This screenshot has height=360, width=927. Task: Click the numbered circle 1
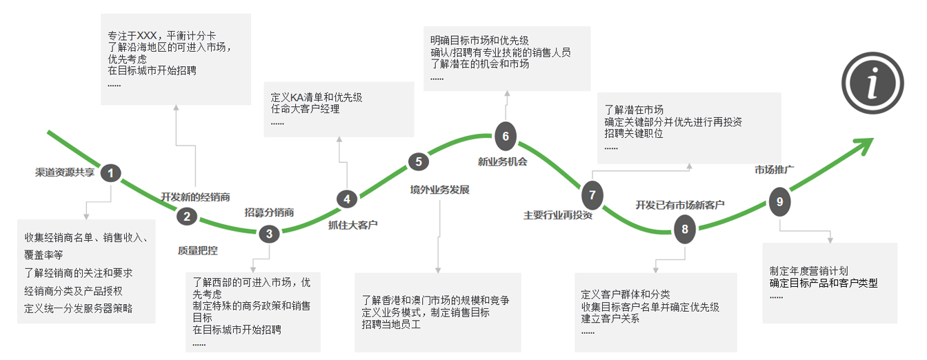[110, 173]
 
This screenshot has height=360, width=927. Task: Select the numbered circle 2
[187, 217]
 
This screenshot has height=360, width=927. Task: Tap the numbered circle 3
[269, 234]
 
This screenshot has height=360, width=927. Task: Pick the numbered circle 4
[347, 199]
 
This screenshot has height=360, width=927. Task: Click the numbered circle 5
[419, 161]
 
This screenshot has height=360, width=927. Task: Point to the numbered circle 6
[506, 136]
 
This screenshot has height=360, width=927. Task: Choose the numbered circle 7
[592, 195]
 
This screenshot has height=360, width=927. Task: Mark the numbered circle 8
[685, 229]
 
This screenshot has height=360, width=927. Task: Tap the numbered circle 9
[779, 201]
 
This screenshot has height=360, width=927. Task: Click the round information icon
[873, 83]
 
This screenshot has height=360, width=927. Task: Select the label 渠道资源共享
[65, 172]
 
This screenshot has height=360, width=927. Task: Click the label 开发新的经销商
[195, 197]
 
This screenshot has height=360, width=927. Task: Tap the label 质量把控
[198, 250]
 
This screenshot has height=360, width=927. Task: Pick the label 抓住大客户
[352, 225]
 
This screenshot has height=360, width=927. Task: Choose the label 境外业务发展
[439, 190]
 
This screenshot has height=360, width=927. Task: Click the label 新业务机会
[502, 161]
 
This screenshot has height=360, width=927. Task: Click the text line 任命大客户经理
[305, 109]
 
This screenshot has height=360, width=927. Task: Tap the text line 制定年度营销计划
[808, 271]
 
